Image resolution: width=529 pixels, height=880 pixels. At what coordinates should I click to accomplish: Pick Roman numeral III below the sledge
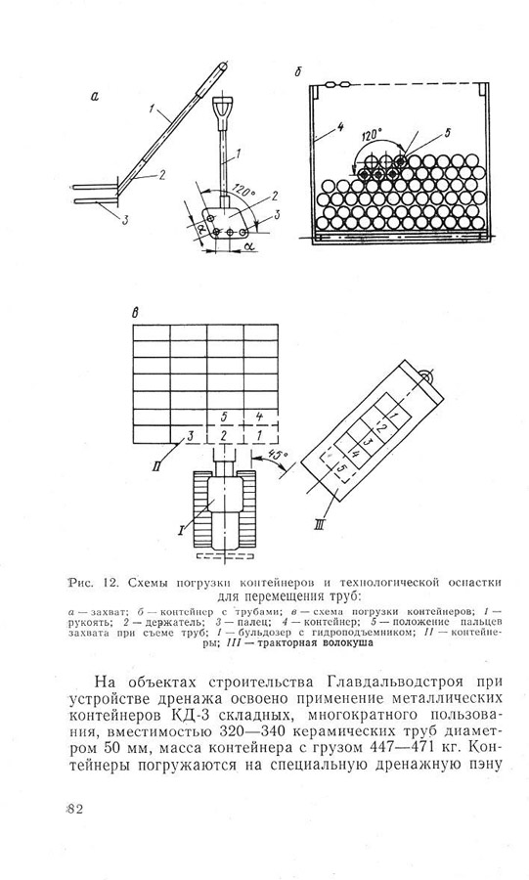click(x=318, y=526)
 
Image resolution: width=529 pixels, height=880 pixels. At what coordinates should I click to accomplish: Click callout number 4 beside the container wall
click(x=340, y=127)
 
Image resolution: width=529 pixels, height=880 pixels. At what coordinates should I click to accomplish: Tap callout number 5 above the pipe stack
click(x=447, y=132)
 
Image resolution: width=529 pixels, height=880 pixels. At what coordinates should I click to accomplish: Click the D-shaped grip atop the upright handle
click(x=222, y=109)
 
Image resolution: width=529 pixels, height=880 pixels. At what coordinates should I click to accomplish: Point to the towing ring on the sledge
click(x=424, y=376)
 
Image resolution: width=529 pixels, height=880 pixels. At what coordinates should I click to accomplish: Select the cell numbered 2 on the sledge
click(x=382, y=429)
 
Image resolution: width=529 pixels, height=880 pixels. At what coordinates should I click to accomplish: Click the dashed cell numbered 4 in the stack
click(x=259, y=417)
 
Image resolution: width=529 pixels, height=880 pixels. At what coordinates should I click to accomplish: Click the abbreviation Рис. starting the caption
click(x=79, y=583)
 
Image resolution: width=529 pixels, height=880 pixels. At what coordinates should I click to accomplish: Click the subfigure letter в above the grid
click(x=135, y=313)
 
